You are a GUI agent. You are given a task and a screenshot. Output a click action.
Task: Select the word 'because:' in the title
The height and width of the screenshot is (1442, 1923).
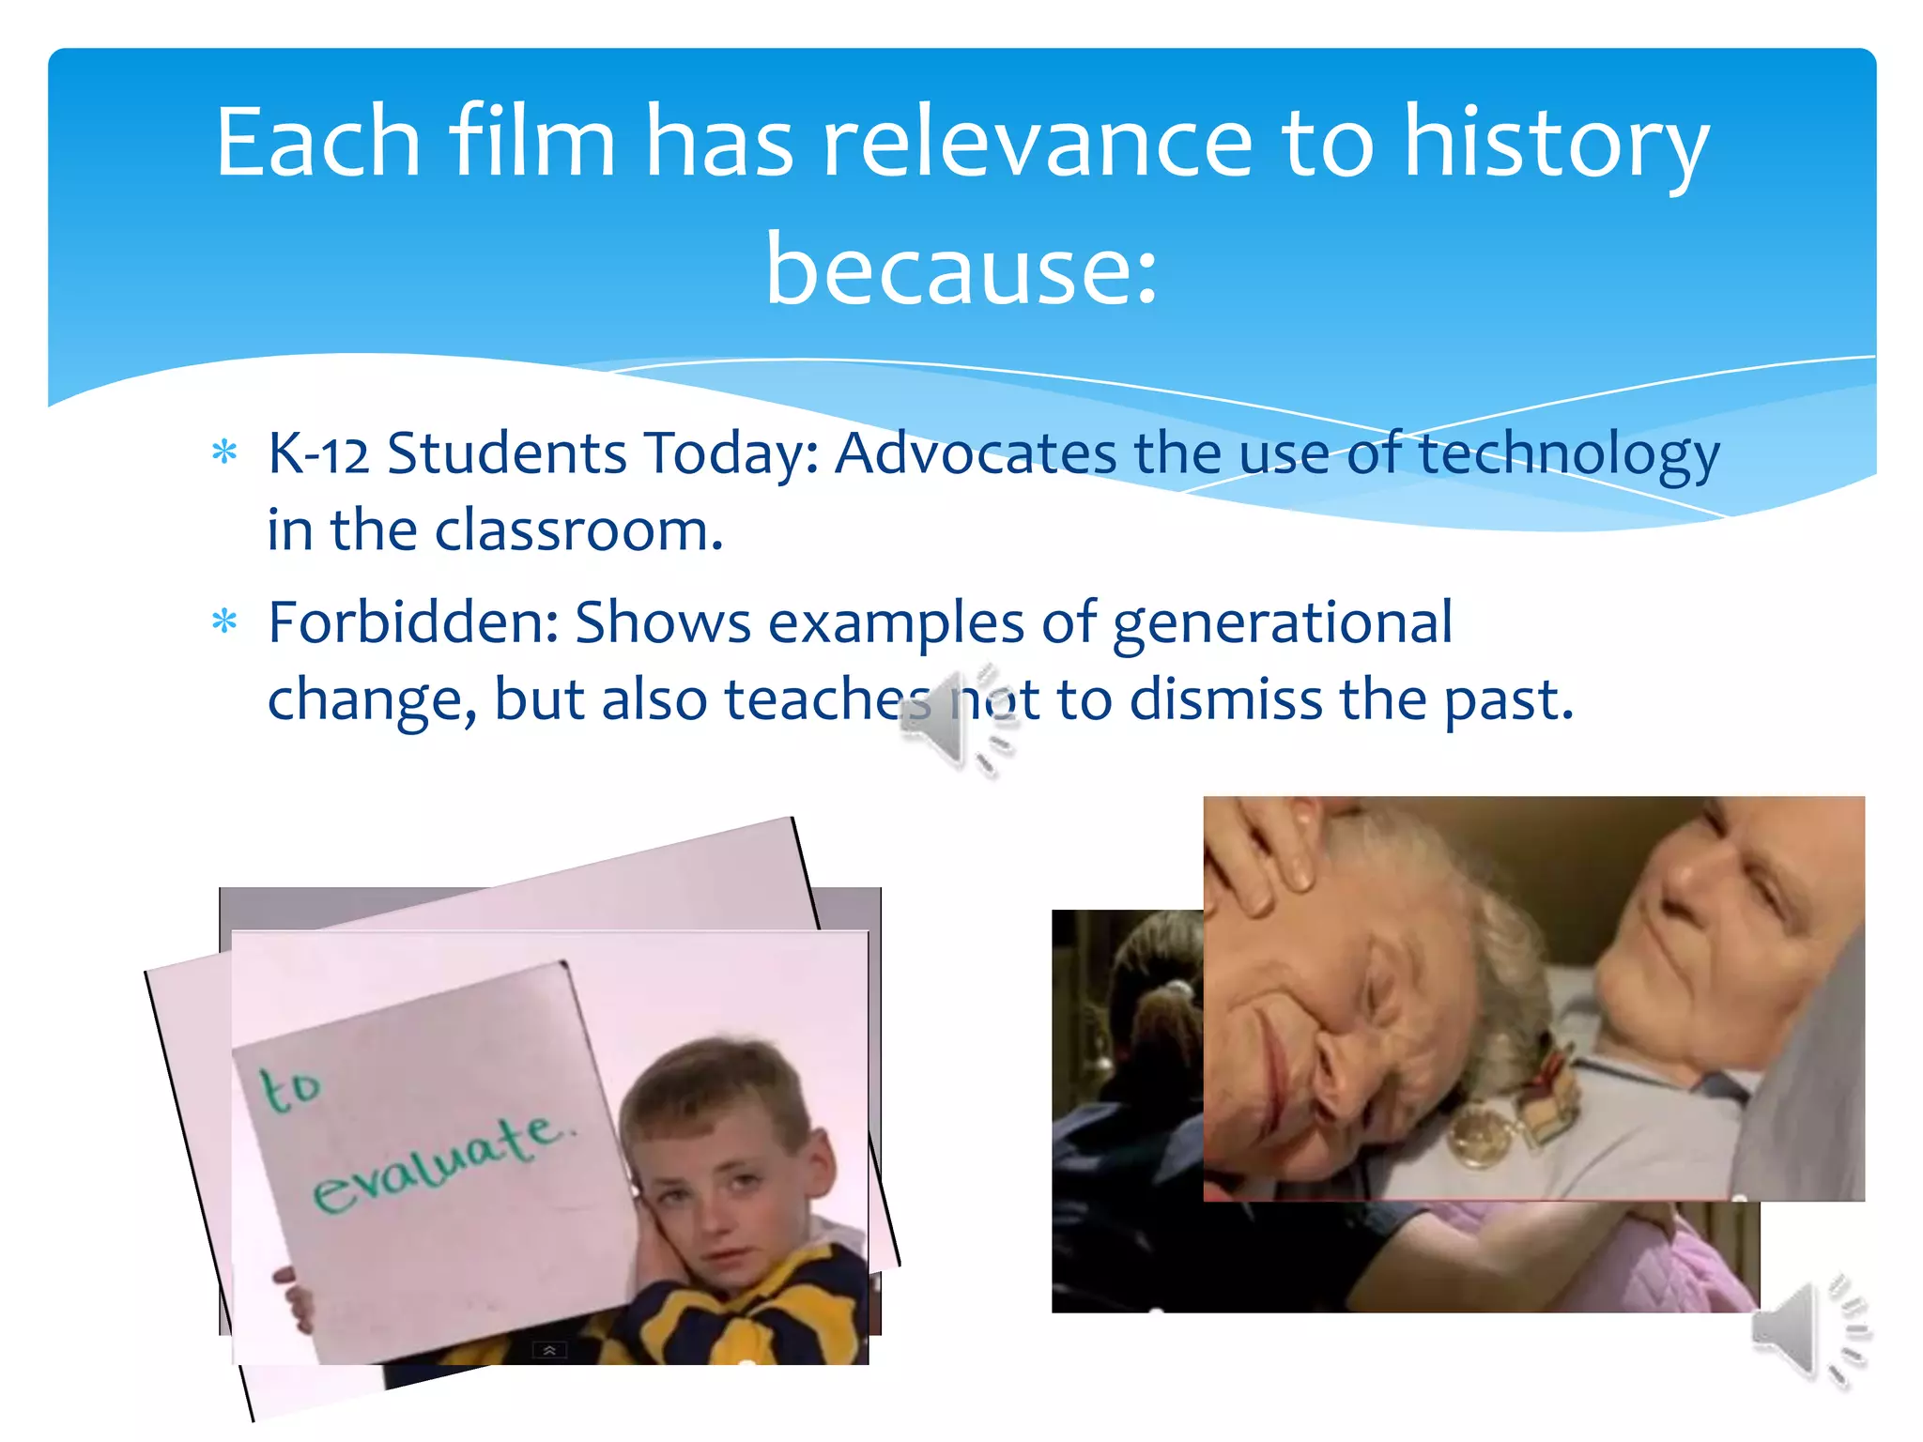[961, 270]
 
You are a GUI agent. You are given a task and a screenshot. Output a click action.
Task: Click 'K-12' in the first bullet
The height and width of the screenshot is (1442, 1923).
[318, 453]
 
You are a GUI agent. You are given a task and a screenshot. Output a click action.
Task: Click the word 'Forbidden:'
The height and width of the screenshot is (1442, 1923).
[413, 622]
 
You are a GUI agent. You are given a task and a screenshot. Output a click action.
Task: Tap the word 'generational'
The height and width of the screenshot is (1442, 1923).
[1283, 624]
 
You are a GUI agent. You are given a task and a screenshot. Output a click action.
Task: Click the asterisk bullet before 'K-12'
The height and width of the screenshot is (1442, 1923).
[225, 453]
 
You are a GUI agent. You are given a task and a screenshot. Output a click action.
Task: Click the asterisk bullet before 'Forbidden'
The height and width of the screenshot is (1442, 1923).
[225, 621]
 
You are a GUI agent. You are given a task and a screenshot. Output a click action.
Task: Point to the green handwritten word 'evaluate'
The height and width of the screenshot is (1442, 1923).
[441, 1164]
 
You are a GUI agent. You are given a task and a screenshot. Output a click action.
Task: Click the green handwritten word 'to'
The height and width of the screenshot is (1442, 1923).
[290, 1089]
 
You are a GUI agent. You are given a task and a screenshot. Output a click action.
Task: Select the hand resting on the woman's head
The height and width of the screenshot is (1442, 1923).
[1263, 854]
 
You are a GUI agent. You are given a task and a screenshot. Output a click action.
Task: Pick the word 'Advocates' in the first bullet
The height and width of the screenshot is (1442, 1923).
[976, 453]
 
